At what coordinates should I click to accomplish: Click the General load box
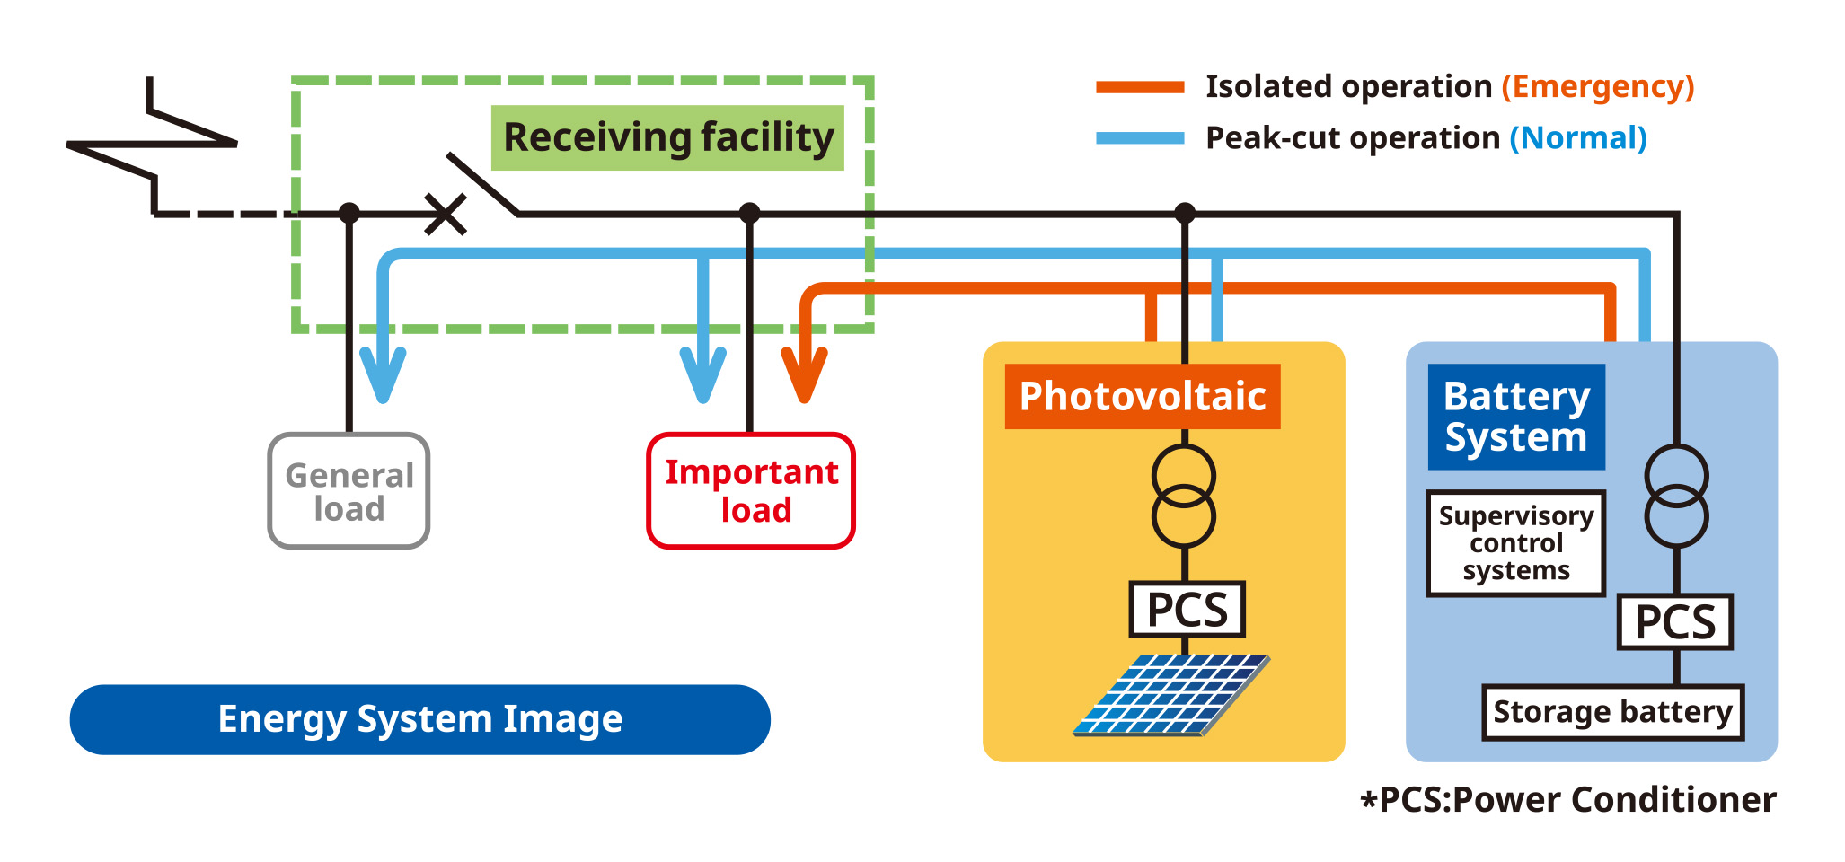pyautogui.click(x=349, y=491)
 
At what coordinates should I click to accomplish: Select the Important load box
pyautogui.click(x=751, y=491)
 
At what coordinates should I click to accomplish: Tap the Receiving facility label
pyautogui.click(x=667, y=138)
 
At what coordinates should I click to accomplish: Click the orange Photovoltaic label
pyautogui.click(x=1142, y=396)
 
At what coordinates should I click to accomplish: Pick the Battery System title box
pyautogui.click(x=1516, y=417)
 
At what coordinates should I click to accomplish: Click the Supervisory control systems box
pyautogui.click(x=1516, y=543)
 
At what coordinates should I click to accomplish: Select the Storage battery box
pyautogui.click(x=1612, y=713)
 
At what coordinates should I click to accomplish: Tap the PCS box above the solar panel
pyautogui.click(x=1187, y=610)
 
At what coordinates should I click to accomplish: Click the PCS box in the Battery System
pyautogui.click(x=1675, y=622)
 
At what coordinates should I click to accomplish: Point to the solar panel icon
pyautogui.click(x=1171, y=696)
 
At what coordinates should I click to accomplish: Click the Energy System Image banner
pyautogui.click(x=419, y=719)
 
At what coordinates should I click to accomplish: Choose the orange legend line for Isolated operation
pyautogui.click(x=1140, y=87)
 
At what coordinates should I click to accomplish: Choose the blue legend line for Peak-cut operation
pyautogui.click(x=1140, y=138)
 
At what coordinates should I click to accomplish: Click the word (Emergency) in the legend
pyautogui.click(x=1598, y=87)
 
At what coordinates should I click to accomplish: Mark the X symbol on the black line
pyautogui.click(x=445, y=215)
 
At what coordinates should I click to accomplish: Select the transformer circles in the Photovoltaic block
pyautogui.click(x=1184, y=497)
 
